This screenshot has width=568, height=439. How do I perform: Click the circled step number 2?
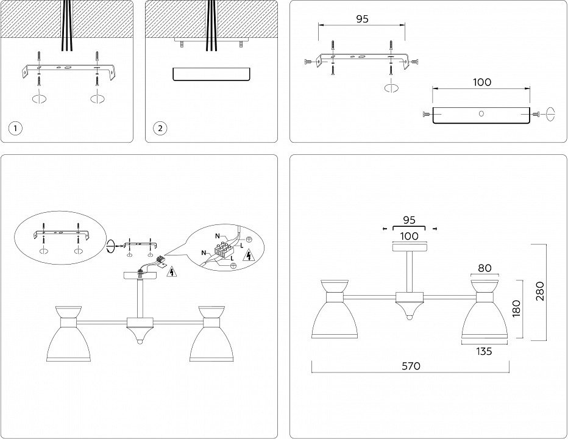click(160, 128)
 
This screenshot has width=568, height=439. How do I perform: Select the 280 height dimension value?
click(540, 292)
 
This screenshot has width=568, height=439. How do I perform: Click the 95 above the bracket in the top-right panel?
click(362, 19)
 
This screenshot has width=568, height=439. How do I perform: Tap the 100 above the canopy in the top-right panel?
click(481, 82)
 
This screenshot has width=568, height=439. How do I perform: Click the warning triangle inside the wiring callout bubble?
click(249, 255)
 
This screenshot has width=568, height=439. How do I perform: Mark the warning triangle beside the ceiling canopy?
click(172, 272)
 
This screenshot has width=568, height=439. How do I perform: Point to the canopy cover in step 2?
click(211, 74)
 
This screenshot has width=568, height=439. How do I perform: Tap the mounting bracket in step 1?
click(67, 67)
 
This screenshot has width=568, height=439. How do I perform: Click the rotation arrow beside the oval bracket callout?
click(110, 246)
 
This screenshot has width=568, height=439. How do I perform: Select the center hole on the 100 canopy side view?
click(481, 113)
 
